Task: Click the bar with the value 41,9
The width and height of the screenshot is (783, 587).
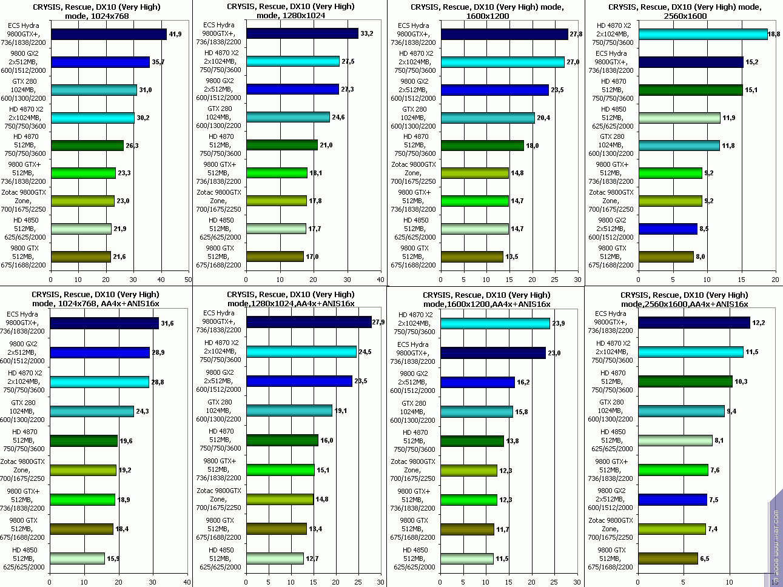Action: tap(109, 34)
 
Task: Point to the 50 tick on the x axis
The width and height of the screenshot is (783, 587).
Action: tap(188, 280)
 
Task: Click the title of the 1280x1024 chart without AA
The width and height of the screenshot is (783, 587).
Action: tap(291, 11)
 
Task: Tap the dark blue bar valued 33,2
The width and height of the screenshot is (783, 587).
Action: tap(302, 33)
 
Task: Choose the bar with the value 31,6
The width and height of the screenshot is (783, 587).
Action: tap(104, 323)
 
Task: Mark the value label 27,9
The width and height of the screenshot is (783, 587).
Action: tap(379, 322)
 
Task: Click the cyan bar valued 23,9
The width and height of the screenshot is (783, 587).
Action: tap(495, 323)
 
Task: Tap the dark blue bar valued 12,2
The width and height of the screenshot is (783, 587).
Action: tap(694, 323)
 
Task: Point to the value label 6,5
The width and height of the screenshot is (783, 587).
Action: tap(705, 558)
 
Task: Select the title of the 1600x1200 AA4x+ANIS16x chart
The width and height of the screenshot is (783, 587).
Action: tap(486, 300)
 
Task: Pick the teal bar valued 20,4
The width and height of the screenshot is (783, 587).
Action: tap(488, 118)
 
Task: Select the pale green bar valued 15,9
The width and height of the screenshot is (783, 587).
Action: tap(78, 558)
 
